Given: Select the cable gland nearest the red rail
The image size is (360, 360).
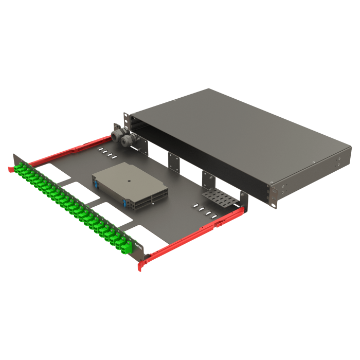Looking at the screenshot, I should (x=117, y=137).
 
